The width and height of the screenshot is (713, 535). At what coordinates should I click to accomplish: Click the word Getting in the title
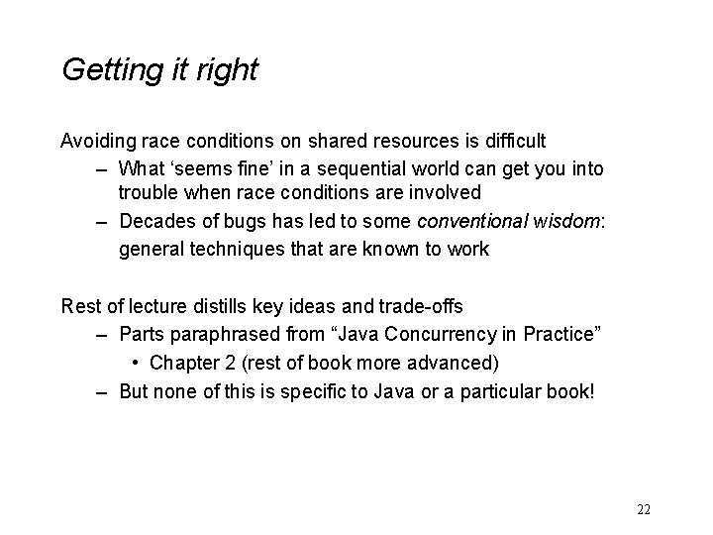(x=112, y=70)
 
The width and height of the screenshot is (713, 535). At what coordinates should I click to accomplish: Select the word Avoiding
(x=98, y=141)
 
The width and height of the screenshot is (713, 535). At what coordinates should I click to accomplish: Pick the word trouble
(x=149, y=192)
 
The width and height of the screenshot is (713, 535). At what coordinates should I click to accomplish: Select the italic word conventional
(x=472, y=221)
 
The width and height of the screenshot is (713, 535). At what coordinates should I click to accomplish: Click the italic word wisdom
(x=566, y=221)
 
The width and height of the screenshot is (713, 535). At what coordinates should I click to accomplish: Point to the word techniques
(x=237, y=250)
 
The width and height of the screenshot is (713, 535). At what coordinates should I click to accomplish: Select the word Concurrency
(x=440, y=335)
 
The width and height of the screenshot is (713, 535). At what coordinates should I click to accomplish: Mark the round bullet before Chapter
(x=135, y=363)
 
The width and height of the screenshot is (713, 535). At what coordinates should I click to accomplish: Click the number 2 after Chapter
(x=230, y=363)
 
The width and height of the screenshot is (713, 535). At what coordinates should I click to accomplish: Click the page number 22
(x=644, y=509)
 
